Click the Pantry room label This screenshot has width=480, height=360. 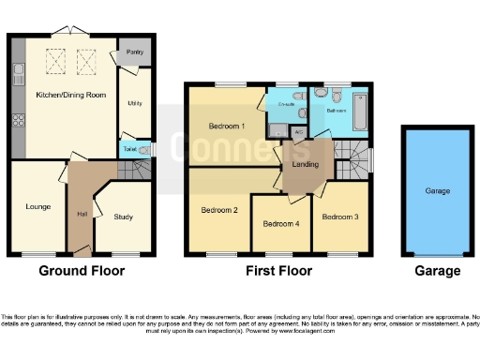pos(134,52)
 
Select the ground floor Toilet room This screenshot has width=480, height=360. pos(128,148)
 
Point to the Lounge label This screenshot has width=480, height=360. pos(38,206)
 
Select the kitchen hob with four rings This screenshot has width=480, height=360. pos(17,120)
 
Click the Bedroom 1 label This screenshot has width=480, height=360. pos(226,125)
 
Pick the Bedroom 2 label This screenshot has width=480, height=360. pos(218,210)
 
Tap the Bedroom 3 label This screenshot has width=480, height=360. pos(338,217)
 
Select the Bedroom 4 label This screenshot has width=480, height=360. pos(281,224)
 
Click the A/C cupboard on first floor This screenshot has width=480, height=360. pos(297,132)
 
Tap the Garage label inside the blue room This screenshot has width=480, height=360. pos(437,190)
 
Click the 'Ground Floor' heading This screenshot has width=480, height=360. pos(82,271)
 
